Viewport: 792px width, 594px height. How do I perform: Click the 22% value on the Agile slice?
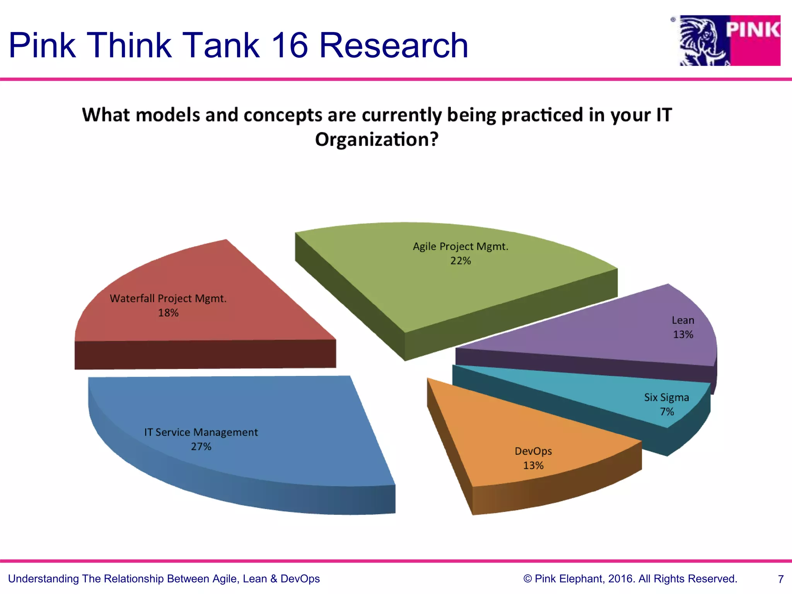point(461,261)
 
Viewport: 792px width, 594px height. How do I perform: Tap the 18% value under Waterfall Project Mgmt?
point(168,313)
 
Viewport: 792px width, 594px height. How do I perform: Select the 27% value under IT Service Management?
point(201,447)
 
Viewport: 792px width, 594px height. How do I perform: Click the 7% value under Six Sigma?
point(667,412)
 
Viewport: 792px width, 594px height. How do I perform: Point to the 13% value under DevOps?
point(533,466)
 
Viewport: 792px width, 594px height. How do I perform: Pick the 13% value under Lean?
point(683,335)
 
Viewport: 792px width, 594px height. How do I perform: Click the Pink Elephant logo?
point(730,41)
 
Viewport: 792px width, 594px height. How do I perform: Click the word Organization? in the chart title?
point(377,140)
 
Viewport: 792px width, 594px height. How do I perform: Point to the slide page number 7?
point(781,579)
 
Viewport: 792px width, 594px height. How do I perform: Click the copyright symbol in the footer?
point(527,579)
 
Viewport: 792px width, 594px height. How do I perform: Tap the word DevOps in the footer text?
point(300,579)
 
